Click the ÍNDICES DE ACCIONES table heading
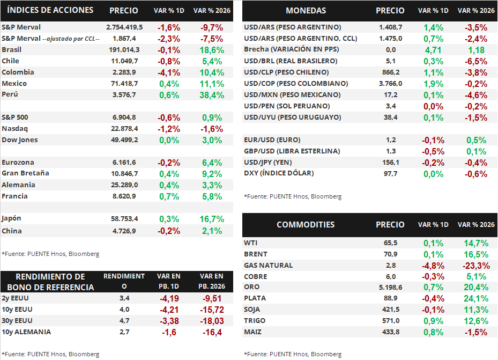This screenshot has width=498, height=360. tap(51, 10)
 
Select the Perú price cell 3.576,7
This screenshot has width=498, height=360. tap(124, 95)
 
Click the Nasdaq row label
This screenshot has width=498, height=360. tap(15, 129)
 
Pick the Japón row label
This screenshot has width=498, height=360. tap(12, 218)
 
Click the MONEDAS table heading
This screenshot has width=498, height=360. tap(306, 11)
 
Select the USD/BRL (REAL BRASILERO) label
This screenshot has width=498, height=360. tap(290, 61)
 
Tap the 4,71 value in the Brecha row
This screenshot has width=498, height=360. tap(433, 50)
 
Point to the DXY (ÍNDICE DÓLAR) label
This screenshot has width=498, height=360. tap(279, 173)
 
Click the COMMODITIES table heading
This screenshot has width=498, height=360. tap(306, 225)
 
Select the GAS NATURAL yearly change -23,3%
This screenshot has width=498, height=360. tap(475, 266)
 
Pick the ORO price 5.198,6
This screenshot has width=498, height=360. tap(390, 288)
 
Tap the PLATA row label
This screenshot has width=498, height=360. tap(255, 298)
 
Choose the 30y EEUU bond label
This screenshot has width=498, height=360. tap(17, 321)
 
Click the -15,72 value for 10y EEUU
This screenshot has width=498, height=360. tap(211, 310)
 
